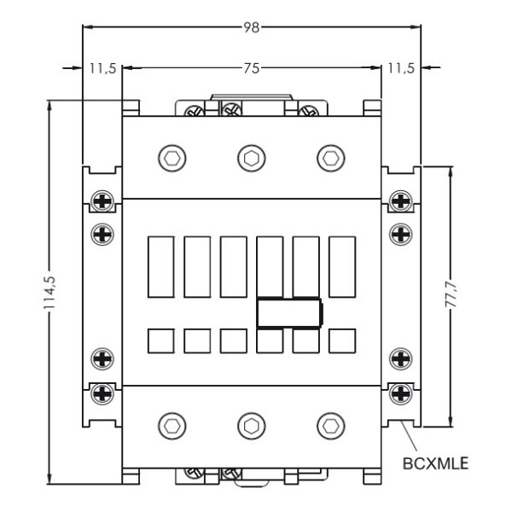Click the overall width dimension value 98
click(x=251, y=27)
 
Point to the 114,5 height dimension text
click(x=51, y=294)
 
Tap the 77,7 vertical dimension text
click(x=451, y=296)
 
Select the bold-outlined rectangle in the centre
click(x=289, y=313)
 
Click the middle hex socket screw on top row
click(x=251, y=157)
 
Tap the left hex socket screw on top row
click(x=172, y=157)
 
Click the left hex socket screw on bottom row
click(x=172, y=425)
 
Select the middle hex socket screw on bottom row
click(x=251, y=425)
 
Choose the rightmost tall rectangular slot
click(x=342, y=266)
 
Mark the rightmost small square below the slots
click(x=342, y=340)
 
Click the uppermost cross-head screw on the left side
click(x=102, y=201)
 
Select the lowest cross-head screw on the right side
click(x=399, y=393)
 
